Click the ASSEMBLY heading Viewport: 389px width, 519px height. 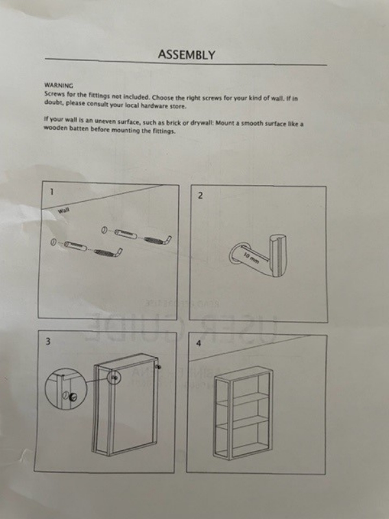click(x=186, y=54)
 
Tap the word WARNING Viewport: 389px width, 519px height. click(x=59, y=86)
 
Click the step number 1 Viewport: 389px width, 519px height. click(x=51, y=191)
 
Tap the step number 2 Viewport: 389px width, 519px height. click(x=200, y=196)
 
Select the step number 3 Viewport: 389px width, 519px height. click(x=48, y=342)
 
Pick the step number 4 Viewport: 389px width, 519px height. click(x=198, y=344)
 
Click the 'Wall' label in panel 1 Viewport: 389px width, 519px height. click(x=64, y=210)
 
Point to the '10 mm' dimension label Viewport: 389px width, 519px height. click(x=252, y=257)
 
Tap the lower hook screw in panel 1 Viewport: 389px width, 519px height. click(x=108, y=252)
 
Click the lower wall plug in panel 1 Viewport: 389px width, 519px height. click(x=76, y=246)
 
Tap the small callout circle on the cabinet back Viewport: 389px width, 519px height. click(x=115, y=378)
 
